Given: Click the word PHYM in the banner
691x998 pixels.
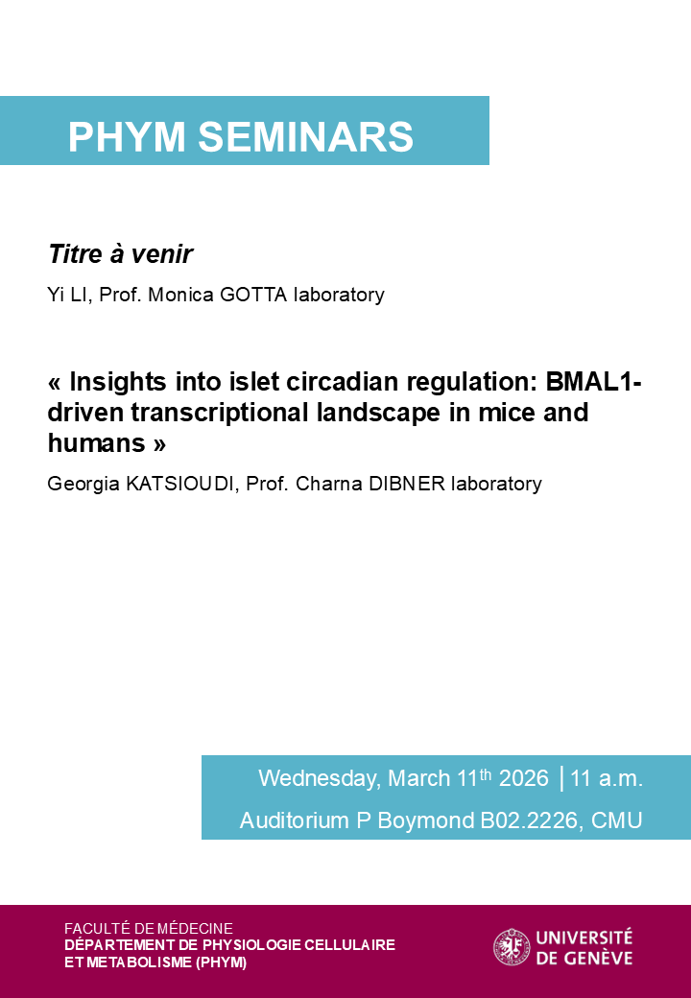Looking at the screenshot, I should click(x=127, y=137).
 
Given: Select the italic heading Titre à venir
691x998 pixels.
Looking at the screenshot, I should click(x=120, y=254).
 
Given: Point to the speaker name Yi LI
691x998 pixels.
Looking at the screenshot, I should click(x=69, y=295).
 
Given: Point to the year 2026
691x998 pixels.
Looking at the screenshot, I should click(x=524, y=778).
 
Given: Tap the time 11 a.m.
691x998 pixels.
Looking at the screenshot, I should click(x=607, y=778).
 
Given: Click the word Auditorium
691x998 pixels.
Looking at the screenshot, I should click(x=295, y=821).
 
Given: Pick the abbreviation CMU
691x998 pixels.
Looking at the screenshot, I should click(x=617, y=821).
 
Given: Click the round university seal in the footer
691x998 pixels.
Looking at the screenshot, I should click(x=512, y=947).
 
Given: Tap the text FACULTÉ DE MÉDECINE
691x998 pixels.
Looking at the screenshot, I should click(x=149, y=928).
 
